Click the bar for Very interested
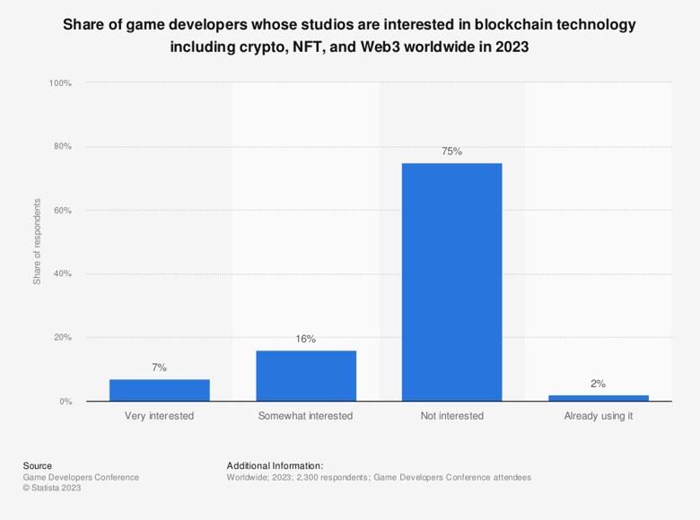point(160,390)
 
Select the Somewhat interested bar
point(306,376)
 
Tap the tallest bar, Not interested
point(451,282)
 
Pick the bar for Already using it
point(598,397)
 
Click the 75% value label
point(451,152)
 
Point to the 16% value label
point(306,339)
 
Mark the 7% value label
point(160,368)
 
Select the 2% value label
point(598,384)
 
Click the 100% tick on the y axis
point(60,83)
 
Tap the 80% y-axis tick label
point(62,146)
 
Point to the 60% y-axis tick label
point(62,211)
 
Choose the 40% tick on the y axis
point(62,273)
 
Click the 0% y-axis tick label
point(65,402)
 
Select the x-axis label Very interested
point(160,416)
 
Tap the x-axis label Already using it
point(598,416)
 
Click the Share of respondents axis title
point(38,242)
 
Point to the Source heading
point(38,465)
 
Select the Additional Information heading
point(275,465)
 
